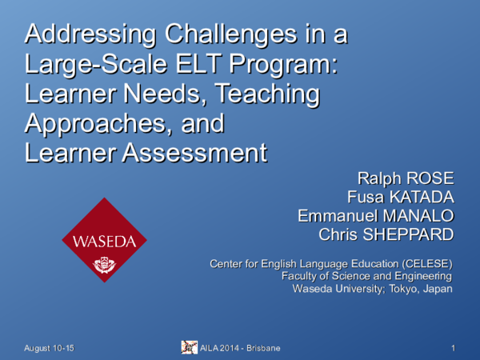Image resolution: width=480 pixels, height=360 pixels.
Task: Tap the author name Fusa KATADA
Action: [x=401, y=197]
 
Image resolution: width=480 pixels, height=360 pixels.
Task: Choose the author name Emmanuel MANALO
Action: [x=376, y=216]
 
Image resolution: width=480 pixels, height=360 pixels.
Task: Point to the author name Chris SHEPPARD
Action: [x=386, y=235]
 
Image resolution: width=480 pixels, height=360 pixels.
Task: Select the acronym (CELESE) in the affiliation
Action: [x=422, y=263]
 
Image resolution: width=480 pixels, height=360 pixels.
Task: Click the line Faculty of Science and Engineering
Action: [x=367, y=276]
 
